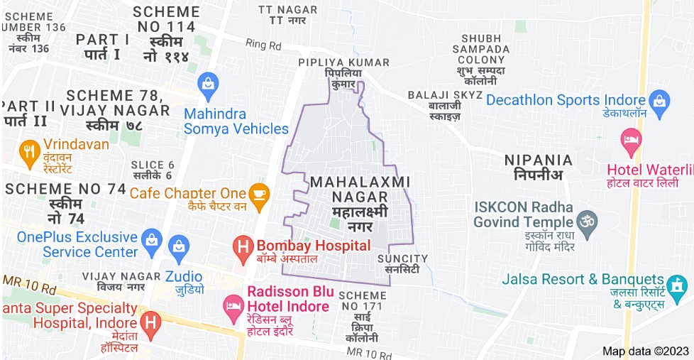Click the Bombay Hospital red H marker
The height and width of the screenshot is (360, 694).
coord(244,247)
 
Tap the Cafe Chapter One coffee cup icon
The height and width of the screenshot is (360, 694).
coord(258,192)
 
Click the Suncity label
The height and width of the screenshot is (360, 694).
coord(402,263)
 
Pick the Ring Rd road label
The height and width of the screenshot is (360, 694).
coord(263,45)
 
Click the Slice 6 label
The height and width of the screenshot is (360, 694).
coord(152,170)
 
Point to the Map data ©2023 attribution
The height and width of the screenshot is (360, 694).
coord(646,351)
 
